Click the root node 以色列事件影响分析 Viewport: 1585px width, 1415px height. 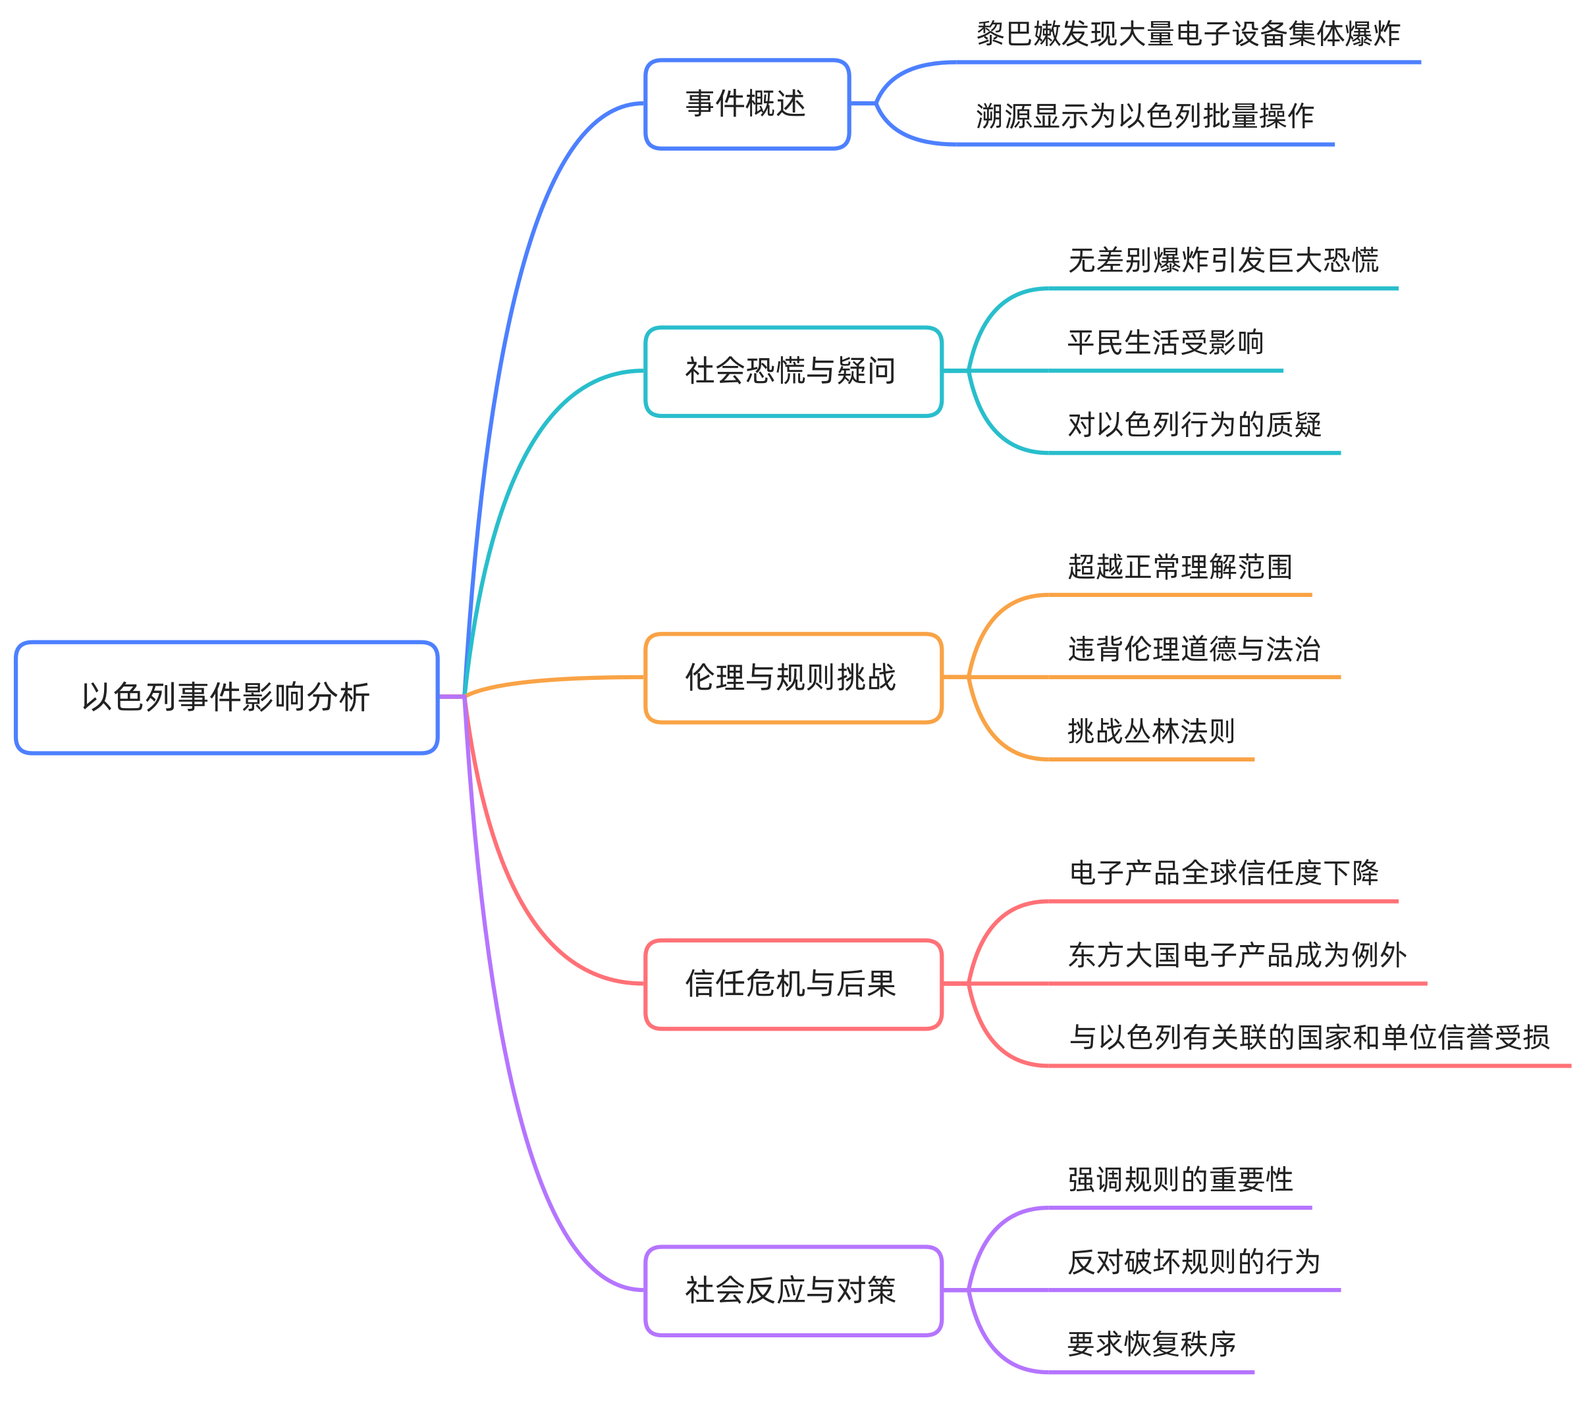[227, 696]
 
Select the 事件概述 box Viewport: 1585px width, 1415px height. [747, 103]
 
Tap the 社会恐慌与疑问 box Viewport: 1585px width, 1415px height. [793, 371]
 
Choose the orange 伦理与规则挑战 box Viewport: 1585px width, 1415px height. [793, 677]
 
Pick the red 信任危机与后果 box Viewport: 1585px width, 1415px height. [793, 983]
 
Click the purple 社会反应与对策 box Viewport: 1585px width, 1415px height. [793, 1290]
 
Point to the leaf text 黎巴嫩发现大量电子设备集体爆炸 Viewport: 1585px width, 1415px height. [1187, 34]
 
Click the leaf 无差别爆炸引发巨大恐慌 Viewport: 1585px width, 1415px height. [1223, 261]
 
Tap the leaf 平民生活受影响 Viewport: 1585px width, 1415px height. [1165, 343]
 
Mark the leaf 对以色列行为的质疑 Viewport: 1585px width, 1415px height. [1194, 425]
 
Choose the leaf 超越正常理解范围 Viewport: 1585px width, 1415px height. [1180, 567]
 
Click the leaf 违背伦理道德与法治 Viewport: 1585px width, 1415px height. [1194, 649]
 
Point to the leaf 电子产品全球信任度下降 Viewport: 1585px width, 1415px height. [1223, 873]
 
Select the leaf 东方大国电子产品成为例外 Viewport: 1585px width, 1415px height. [1237, 956]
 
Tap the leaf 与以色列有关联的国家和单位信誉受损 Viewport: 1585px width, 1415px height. [1309, 1038]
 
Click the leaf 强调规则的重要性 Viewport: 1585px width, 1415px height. [1180, 1179]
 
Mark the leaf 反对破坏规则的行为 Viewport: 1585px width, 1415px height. [1194, 1262]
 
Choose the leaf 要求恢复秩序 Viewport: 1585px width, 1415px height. [1151, 1344]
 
